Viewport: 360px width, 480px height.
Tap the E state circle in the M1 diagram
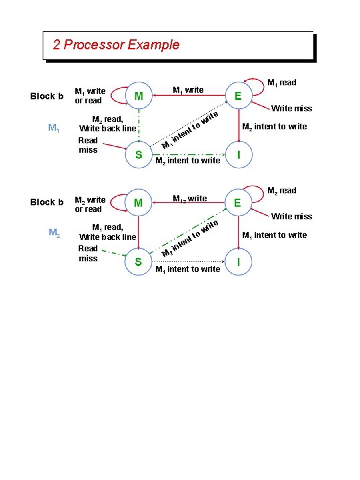[238, 96]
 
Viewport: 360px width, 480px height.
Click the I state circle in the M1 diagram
[238, 155]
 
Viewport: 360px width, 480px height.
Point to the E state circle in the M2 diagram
[238, 203]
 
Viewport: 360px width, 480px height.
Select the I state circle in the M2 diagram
[238, 262]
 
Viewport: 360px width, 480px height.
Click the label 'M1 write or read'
[89, 96]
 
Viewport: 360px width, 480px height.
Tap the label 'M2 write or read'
[89, 204]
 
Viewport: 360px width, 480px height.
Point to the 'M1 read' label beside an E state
[281, 83]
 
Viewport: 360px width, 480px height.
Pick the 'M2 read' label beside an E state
[281, 191]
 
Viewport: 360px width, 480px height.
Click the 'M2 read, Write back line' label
[107, 124]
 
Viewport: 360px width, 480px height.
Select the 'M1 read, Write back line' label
[107, 232]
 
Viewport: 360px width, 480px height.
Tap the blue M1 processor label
[54, 127]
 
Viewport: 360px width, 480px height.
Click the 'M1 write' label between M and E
[188, 90]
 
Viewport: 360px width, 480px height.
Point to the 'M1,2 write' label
[189, 198]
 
